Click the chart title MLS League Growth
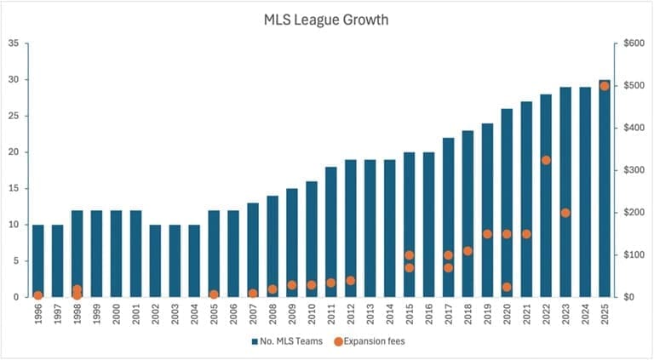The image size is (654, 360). (326, 20)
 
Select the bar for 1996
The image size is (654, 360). (37, 260)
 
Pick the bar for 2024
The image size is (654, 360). (585, 191)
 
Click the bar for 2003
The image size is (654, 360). (175, 260)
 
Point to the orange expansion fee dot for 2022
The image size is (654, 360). (546, 160)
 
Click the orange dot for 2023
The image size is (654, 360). (565, 213)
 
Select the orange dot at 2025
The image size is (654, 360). (605, 86)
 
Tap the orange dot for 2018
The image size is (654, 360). (468, 251)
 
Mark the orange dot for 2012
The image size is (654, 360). (350, 281)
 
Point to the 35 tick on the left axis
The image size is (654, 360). (14, 43)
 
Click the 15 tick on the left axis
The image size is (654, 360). (14, 188)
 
